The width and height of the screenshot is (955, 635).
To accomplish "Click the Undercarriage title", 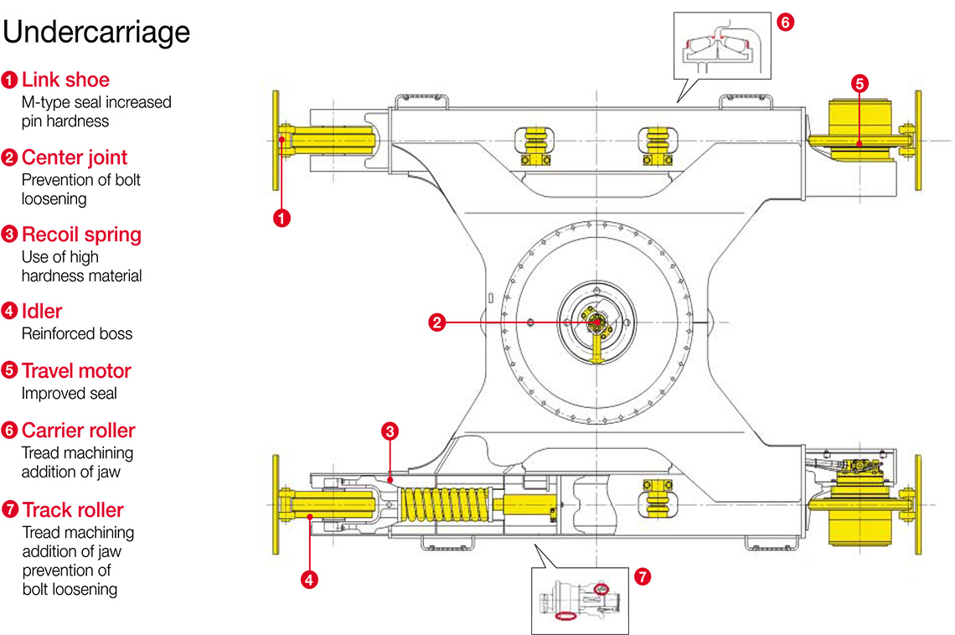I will [97, 32].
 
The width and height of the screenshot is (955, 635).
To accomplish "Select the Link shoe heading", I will [65, 80].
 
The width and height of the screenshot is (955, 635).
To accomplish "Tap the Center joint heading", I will [75, 157].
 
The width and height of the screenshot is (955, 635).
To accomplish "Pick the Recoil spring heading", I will [81, 235].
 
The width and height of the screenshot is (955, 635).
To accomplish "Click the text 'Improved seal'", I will [69, 393].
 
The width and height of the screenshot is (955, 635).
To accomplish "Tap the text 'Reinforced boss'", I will [76, 333].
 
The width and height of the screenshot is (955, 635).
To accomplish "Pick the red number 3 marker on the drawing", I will [389, 431].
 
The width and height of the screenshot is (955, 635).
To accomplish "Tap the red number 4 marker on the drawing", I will [309, 578].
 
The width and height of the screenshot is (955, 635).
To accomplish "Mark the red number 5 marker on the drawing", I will [859, 83].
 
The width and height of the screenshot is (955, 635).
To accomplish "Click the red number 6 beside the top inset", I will [784, 23].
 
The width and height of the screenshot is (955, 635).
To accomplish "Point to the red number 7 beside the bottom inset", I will [643, 576].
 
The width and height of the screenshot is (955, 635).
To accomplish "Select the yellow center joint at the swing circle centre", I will [595, 323].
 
